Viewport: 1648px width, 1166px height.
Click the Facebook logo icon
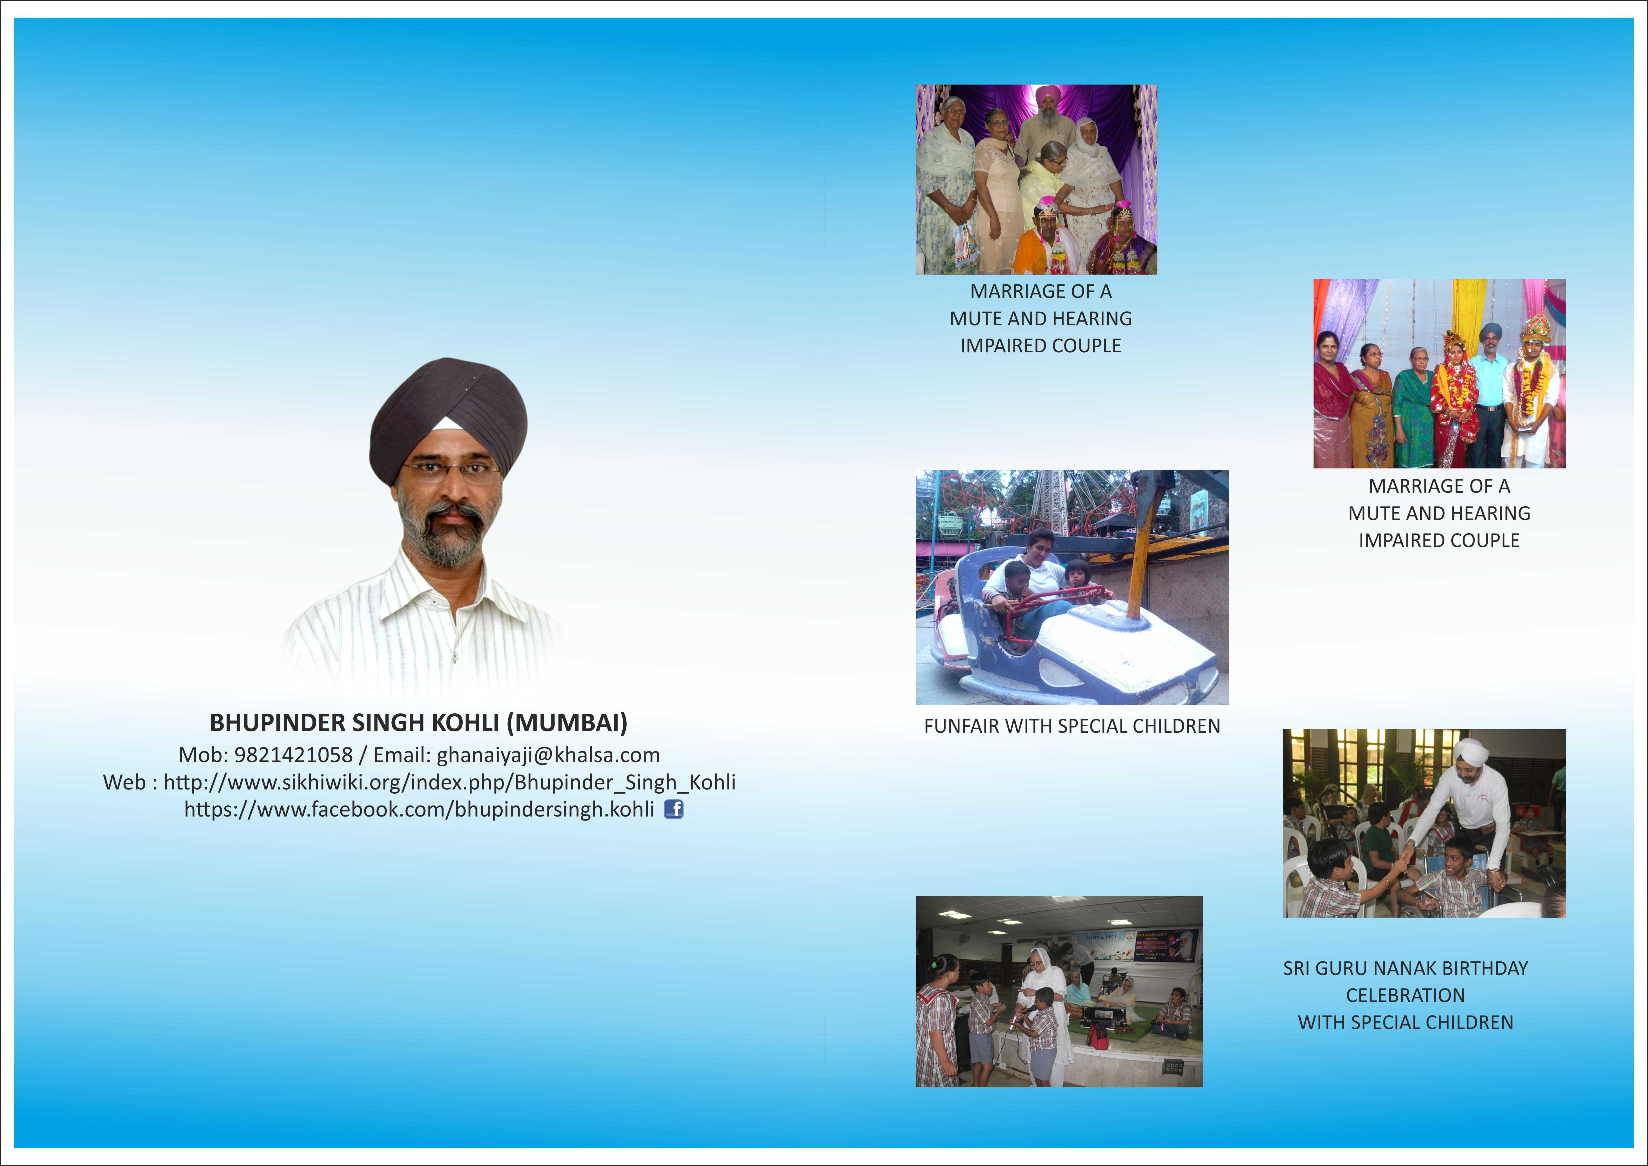coord(673,809)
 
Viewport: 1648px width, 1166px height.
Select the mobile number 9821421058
coord(294,755)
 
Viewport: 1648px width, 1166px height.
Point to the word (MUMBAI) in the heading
coord(567,723)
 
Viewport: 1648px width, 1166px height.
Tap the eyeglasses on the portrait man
coord(451,470)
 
